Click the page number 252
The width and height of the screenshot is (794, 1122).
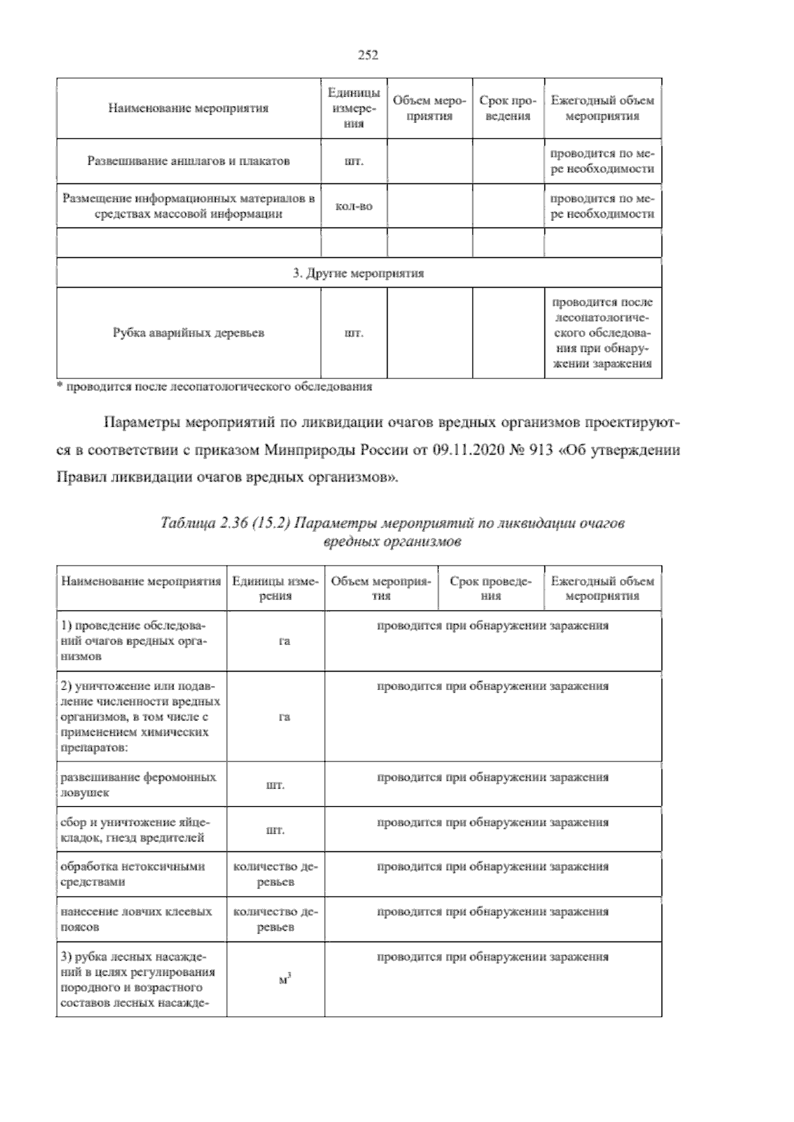(368, 56)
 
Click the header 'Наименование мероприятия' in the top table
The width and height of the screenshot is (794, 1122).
(189, 108)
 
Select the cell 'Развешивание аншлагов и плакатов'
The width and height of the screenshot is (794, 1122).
(189, 161)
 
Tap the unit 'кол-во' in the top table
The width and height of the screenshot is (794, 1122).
(355, 206)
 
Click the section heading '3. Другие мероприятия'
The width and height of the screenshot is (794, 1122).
(359, 273)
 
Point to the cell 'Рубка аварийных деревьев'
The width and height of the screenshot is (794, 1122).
(189, 333)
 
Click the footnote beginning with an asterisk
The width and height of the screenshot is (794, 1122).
(214, 387)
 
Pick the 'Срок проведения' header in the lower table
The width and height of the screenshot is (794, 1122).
(491, 588)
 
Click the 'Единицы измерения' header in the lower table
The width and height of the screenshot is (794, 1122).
(275, 588)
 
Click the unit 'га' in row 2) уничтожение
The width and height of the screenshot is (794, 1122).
(285, 717)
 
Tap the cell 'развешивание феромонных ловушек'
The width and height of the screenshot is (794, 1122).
(138, 785)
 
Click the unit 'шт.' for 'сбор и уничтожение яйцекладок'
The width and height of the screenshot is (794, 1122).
(275, 830)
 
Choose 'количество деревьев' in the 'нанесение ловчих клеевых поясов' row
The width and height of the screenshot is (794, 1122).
(275, 919)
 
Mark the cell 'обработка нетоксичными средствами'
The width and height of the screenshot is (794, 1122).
(133, 874)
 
